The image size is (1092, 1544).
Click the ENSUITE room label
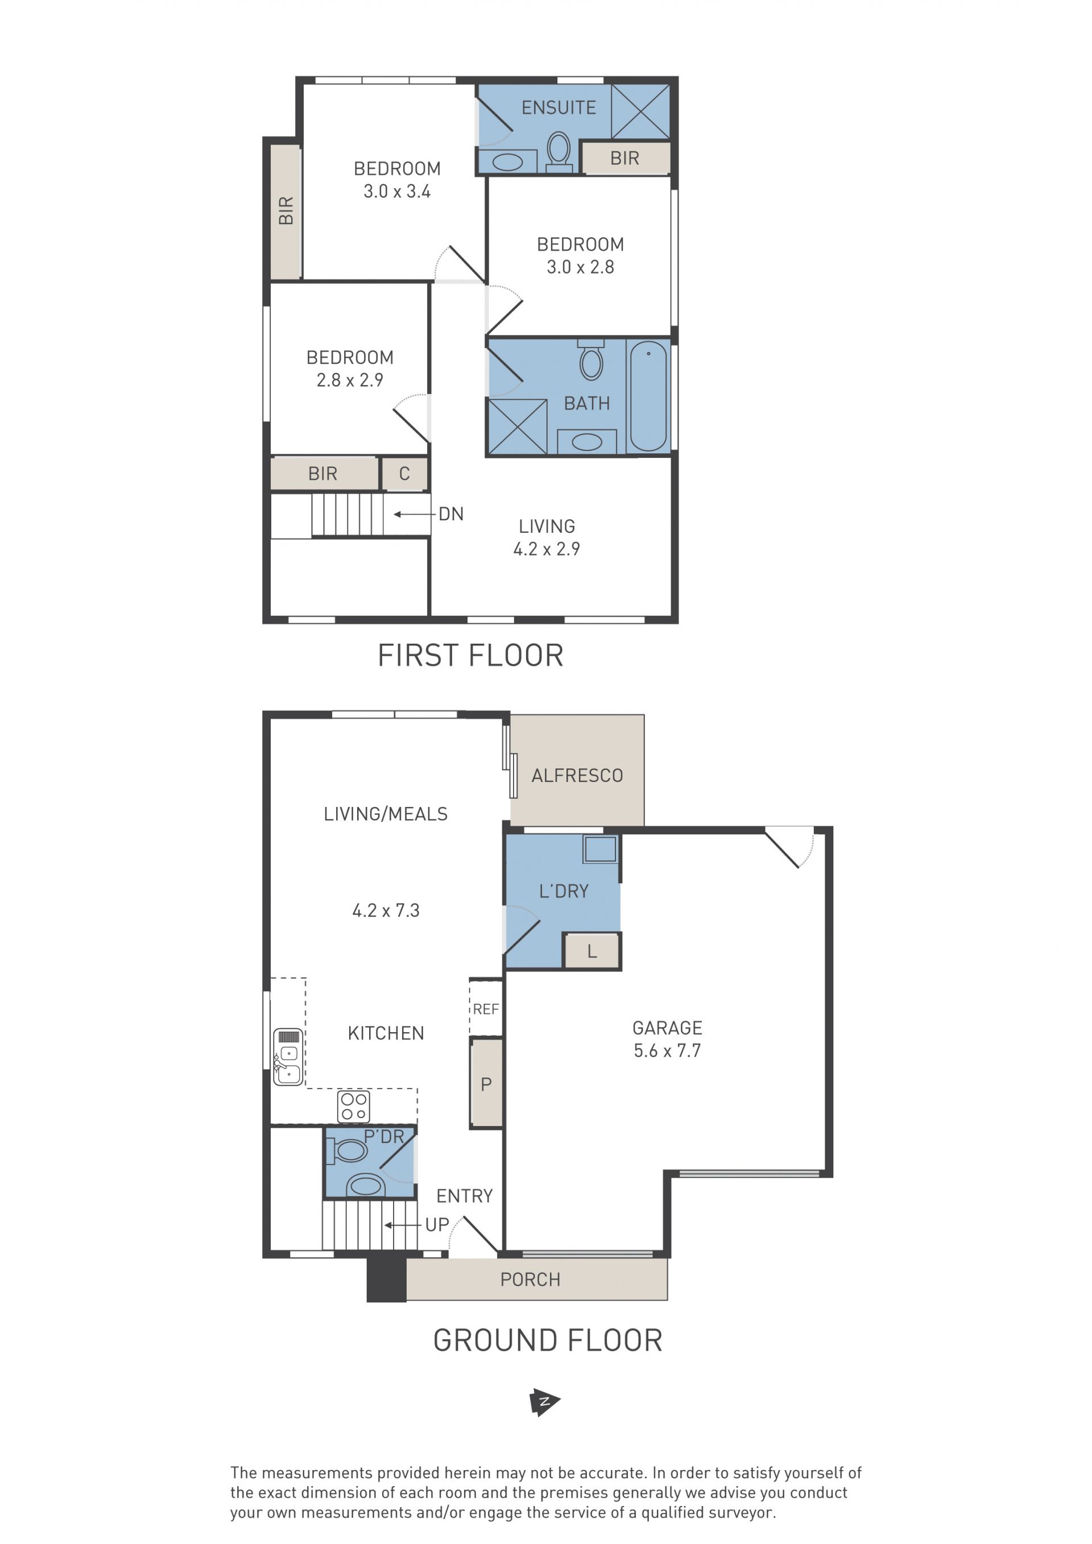559,107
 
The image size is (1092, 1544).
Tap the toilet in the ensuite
559,151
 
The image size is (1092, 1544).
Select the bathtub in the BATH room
648,396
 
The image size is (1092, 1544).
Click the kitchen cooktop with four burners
354,1106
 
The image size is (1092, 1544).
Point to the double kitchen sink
288,1057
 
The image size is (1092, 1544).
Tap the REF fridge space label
486,1009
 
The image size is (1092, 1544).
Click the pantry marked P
486,1083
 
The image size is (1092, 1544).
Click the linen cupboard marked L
591,951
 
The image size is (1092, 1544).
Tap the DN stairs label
451,515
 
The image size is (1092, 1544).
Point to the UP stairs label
437,1224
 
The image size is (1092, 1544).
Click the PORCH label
530,1280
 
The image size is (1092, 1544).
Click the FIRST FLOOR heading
470,656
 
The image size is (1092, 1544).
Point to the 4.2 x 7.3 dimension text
386,910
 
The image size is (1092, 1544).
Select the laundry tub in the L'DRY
600,848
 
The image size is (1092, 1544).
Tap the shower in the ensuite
640,111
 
